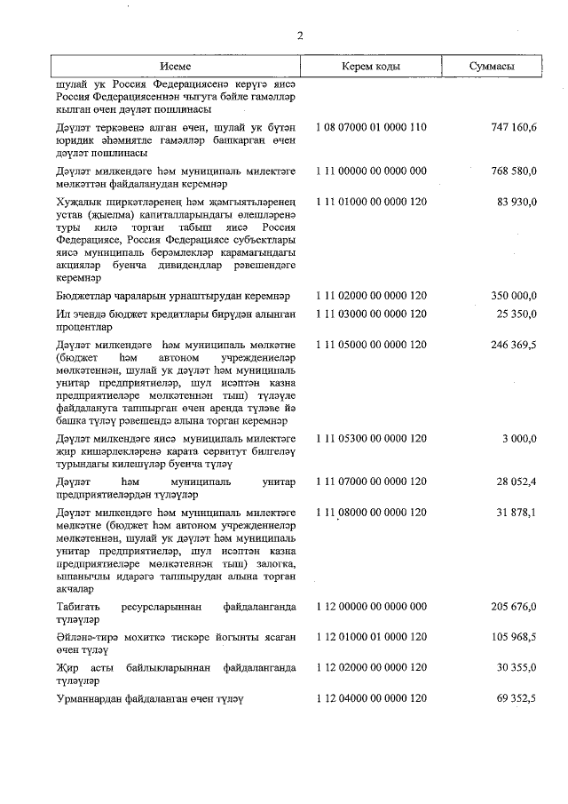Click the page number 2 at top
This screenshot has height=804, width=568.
pyautogui.click(x=300, y=36)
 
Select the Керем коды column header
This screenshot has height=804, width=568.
pyautogui.click(x=370, y=68)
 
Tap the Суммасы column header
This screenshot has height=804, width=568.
pyautogui.click(x=493, y=68)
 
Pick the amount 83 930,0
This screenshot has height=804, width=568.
pyautogui.click(x=517, y=203)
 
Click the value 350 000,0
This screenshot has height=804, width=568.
pyautogui.click(x=513, y=295)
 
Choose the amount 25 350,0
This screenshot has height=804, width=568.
pyautogui.click(x=517, y=314)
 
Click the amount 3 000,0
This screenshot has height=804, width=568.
pyautogui.click(x=520, y=439)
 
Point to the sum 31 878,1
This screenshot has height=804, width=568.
pyautogui.click(x=517, y=513)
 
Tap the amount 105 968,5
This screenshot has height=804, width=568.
pyautogui.click(x=513, y=638)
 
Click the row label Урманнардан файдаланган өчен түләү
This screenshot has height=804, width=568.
pyautogui.click(x=147, y=699)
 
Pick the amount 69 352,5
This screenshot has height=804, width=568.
pyautogui.click(x=517, y=699)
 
